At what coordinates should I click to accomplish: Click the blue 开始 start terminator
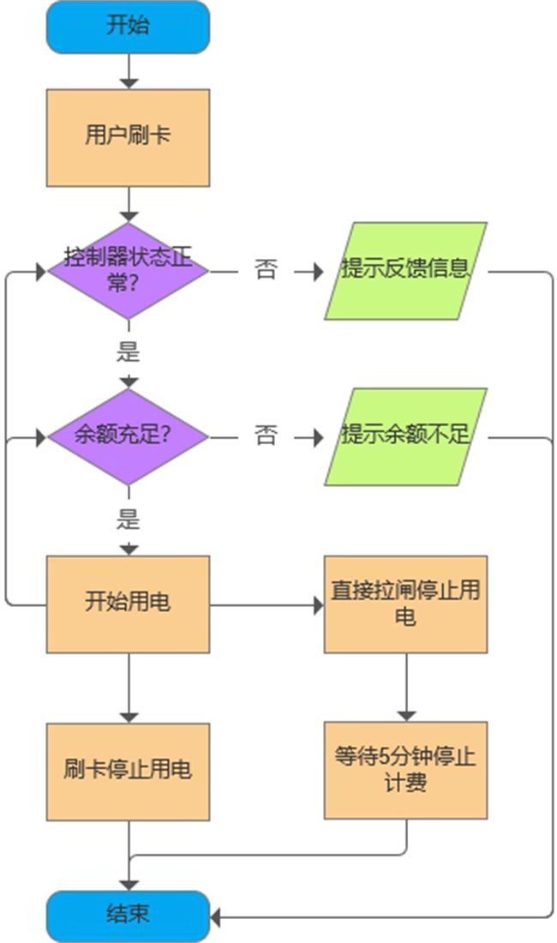[128, 26]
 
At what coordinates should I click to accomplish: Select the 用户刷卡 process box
[128, 137]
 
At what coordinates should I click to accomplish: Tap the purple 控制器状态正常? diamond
[128, 271]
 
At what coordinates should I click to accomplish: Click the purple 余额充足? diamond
[128, 436]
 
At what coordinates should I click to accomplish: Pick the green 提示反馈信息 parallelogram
[405, 271]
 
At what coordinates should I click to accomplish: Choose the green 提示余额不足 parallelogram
[405, 436]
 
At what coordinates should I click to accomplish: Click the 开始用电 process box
[128, 604]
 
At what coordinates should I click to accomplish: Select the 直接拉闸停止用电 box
[405, 604]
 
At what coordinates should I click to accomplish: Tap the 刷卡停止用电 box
[128, 771]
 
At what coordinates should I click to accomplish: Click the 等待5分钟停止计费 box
[405, 770]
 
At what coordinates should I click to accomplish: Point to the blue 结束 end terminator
[128, 916]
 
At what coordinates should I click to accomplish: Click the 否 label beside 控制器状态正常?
[267, 271]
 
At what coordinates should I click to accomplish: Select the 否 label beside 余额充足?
[267, 436]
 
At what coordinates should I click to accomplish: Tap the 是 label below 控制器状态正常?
[128, 351]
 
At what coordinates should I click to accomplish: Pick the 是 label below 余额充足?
[128, 519]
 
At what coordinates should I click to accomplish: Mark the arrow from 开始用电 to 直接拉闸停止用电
[266, 605]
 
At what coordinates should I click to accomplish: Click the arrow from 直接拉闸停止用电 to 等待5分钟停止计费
[405, 687]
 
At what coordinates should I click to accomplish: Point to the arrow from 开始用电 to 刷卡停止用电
[128, 687]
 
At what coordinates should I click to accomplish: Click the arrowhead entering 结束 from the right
[217, 917]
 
